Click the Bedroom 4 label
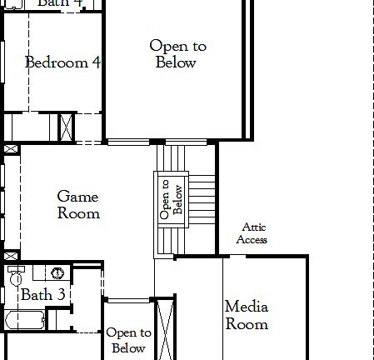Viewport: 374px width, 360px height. (x=62, y=62)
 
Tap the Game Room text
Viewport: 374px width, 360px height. (x=77, y=205)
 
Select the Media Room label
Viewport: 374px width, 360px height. (x=247, y=315)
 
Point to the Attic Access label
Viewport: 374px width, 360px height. (x=252, y=233)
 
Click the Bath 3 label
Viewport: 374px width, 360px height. (x=42, y=295)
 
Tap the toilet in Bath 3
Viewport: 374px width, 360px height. (x=14, y=275)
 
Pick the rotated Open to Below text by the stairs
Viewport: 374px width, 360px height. (x=170, y=199)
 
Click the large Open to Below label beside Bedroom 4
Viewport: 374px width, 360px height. (x=177, y=54)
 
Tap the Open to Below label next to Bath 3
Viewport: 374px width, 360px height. (x=128, y=340)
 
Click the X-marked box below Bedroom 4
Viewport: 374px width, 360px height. (x=66, y=127)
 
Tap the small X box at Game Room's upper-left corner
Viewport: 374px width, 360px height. (x=10, y=148)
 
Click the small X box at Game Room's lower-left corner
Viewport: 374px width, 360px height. (x=10, y=255)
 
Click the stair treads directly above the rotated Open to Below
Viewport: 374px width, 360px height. (x=172, y=157)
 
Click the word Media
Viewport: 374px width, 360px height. (x=247, y=307)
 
